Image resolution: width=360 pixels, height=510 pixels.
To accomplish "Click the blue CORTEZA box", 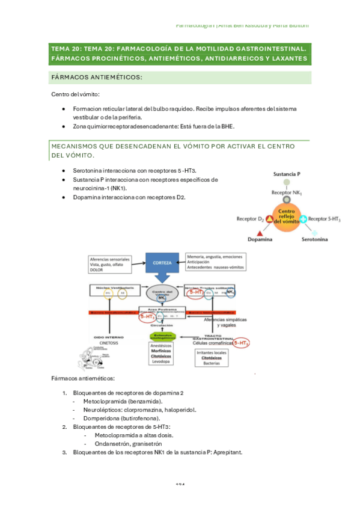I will [163, 262].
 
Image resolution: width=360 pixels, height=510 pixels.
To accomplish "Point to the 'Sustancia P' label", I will [287, 174].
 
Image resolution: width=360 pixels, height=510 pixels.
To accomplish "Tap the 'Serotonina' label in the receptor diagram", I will [314, 239].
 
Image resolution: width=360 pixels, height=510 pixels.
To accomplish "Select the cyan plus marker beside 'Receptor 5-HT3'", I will [304, 220].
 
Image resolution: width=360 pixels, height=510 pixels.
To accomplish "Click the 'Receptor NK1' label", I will [287, 192].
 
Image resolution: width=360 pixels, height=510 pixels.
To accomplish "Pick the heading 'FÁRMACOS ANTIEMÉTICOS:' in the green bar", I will [96, 78].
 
